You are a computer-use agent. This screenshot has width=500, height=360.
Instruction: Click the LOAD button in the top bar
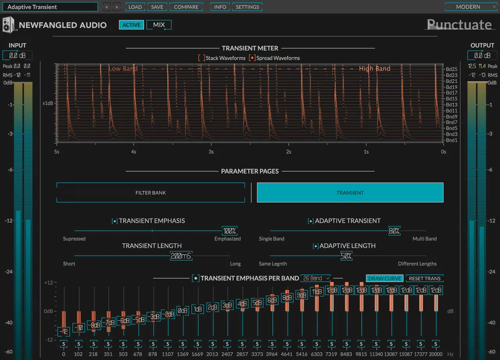[135, 7]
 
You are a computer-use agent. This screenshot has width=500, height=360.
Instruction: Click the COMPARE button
[186, 7]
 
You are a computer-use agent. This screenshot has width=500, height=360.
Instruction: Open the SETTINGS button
[247, 7]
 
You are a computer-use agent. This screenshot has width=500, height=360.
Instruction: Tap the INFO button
[220, 7]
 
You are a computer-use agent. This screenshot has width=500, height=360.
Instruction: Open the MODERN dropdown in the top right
[471, 7]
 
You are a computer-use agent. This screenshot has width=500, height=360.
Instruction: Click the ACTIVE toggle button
[131, 25]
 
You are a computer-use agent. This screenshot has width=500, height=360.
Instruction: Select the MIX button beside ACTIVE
[159, 25]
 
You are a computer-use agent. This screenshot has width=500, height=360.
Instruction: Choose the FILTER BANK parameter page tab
[151, 193]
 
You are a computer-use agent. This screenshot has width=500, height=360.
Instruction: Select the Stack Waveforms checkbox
[202, 58]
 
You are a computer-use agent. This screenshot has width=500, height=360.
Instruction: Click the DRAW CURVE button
[385, 278]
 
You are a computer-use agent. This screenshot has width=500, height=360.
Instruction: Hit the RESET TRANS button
[425, 278]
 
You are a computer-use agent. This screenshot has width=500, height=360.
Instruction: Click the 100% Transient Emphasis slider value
[230, 231]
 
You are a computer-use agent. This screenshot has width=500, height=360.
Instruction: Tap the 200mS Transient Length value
[181, 256]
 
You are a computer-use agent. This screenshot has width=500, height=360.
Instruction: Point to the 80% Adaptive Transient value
[394, 231]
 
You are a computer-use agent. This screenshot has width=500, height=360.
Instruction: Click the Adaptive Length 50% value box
[346, 256]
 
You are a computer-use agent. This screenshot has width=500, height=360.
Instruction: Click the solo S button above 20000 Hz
[436, 344]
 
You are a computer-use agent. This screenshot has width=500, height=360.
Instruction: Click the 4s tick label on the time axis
[134, 152]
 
